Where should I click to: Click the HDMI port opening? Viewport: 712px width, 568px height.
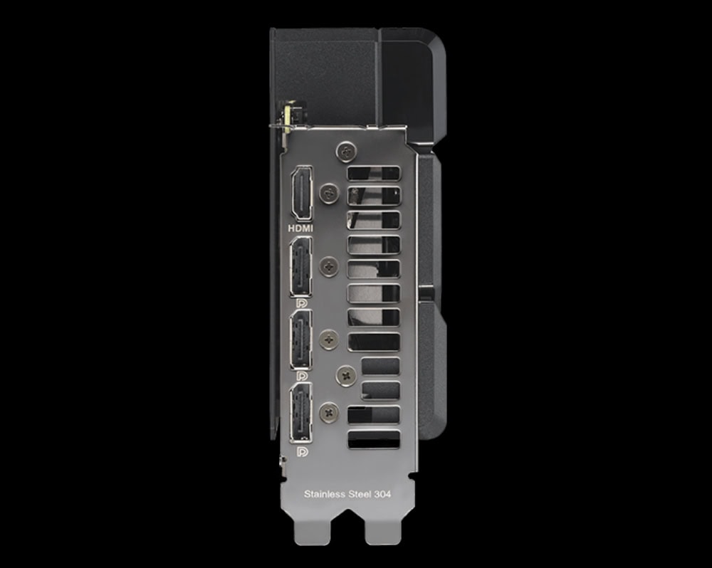[x=301, y=193]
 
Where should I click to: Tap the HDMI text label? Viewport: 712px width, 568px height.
[x=300, y=228]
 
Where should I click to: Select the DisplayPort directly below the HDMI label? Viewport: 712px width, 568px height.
[x=301, y=266]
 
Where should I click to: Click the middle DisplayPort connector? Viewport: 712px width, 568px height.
[x=301, y=340]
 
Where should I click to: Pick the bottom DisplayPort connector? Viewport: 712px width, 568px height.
[x=301, y=412]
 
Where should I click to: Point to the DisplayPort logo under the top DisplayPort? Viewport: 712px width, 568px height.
[x=301, y=303]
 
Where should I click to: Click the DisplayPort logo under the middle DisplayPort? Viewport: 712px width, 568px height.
[x=301, y=377]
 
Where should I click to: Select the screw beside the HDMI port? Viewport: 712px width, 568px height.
[x=329, y=193]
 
